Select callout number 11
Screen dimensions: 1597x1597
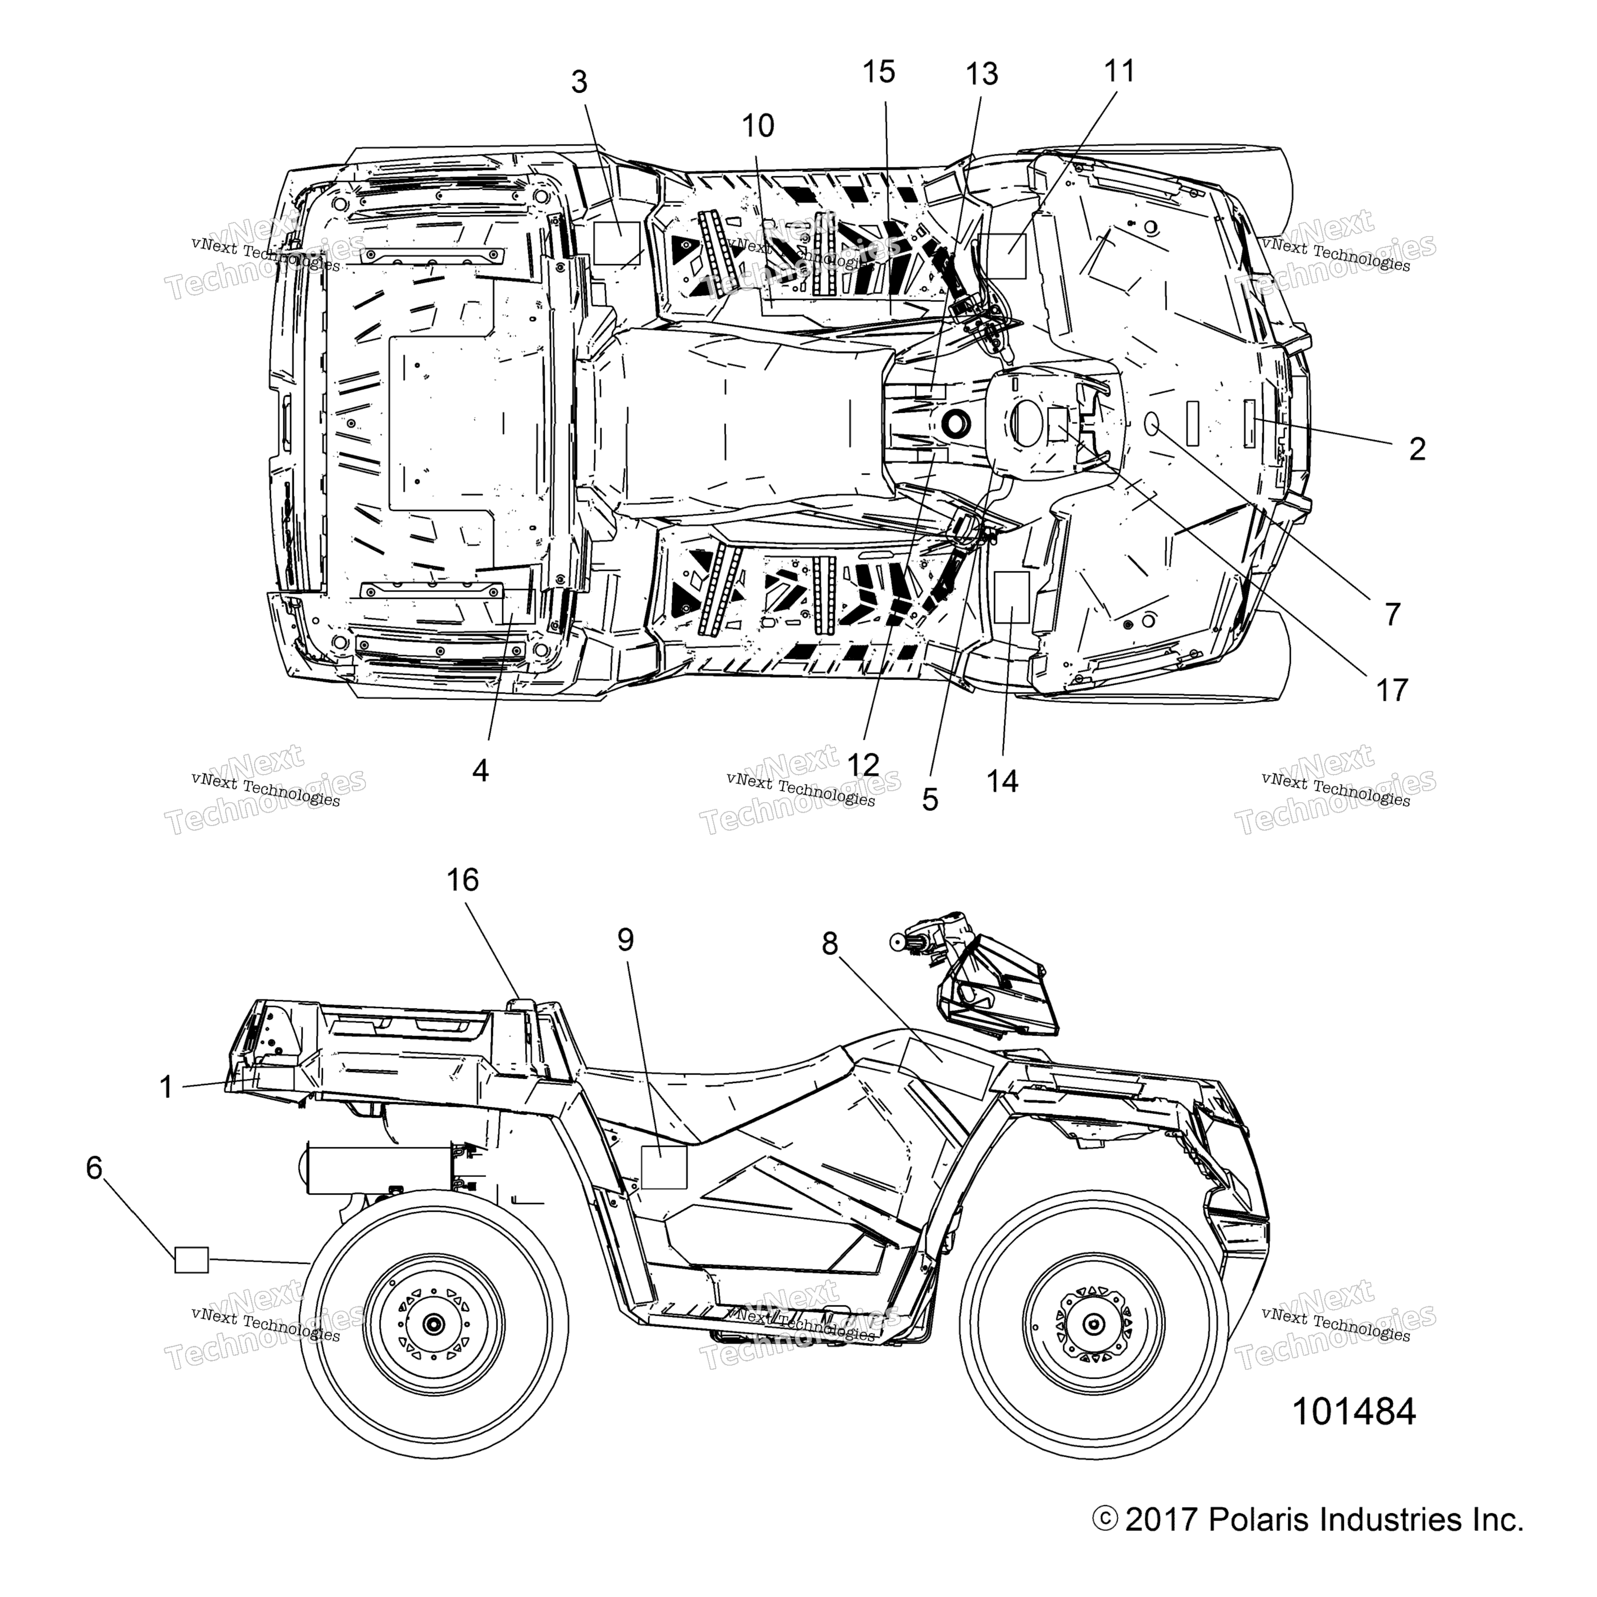pos(1120,71)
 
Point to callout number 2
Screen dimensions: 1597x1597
pos(1417,450)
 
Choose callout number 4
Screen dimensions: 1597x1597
pos(480,771)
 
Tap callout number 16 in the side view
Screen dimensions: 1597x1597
pos(463,880)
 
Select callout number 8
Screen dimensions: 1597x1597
pos(830,943)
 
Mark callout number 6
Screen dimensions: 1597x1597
pos(94,1168)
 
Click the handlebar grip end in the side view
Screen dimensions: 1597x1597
pos(897,940)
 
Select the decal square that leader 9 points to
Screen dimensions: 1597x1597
pos(664,1167)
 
